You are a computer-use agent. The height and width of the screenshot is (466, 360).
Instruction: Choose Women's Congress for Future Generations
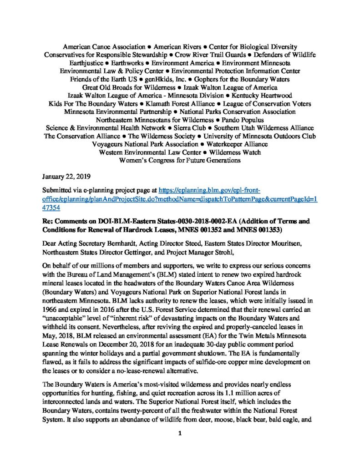180,160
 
